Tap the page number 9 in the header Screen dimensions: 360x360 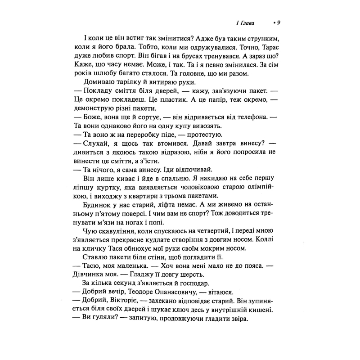(x=279, y=23)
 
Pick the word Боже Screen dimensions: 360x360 (x=91, y=118)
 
